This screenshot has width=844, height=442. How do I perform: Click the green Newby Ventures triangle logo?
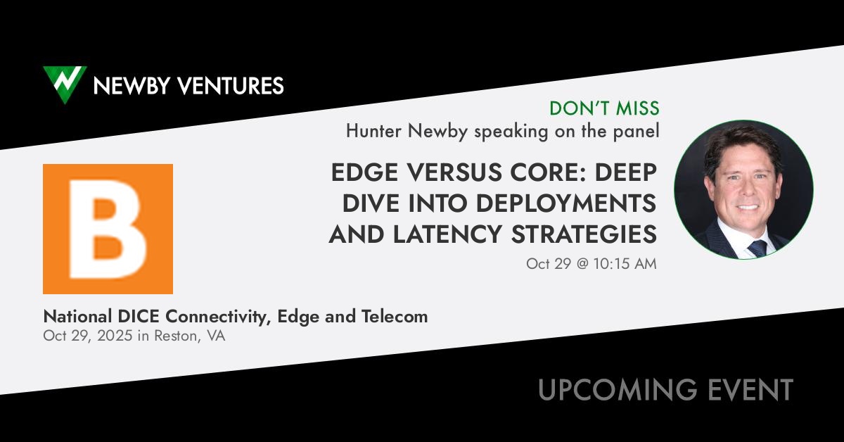(65, 84)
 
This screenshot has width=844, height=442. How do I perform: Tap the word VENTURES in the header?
(231, 86)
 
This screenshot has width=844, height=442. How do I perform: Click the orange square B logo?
(108, 229)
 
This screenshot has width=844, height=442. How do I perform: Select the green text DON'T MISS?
(604, 108)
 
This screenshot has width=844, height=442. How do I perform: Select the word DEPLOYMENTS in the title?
(566, 203)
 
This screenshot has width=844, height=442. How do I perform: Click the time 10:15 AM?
(625, 264)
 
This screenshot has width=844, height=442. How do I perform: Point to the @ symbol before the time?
(582, 264)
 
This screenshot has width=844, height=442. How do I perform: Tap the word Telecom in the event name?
(395, 317)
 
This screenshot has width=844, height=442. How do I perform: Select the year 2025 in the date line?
(115, 336)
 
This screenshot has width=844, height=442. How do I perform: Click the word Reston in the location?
(176, 336)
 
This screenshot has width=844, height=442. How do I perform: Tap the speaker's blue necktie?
(757, 248)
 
